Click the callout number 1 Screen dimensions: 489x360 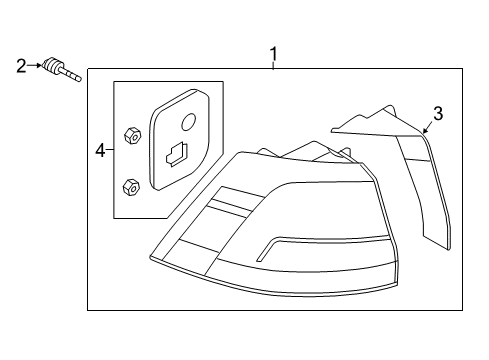point(273,54)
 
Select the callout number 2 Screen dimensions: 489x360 point(21,66)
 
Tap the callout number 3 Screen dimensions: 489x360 point(438,114)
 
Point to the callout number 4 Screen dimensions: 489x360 point(100,150)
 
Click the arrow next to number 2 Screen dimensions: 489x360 point(35,66)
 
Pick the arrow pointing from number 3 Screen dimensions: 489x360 point(428,127)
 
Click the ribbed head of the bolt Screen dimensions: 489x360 point(52,64)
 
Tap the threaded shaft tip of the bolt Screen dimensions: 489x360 point(78,78)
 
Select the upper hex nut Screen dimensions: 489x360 point(132,135)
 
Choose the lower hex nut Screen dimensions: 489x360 point(131,187)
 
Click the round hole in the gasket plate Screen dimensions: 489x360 point(189,121)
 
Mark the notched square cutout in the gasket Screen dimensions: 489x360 point(177,154)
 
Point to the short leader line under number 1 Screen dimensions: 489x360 point(273,65)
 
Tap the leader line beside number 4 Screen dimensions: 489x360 point(110,150)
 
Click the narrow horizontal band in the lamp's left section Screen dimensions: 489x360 point(231,205)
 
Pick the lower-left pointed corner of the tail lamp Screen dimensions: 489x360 point(151,257)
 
